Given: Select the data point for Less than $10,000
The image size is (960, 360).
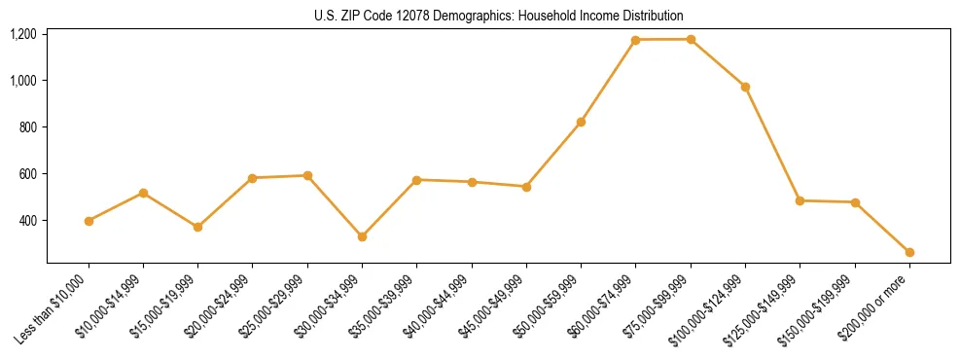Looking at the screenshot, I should pyautogui.click(x=89, y=221).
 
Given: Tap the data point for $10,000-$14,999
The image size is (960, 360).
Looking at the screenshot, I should pyautogui.click(x=143, y=193).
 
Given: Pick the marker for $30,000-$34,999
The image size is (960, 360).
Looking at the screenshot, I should pyautogui.click(x=362, y=236).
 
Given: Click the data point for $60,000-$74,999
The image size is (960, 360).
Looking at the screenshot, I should pyautogui.click(x=635, y=40).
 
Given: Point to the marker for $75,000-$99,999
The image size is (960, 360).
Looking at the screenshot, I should pyautogui.click(x=691, y=39).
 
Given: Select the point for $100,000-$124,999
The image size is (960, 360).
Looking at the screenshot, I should pyautogui.click(x=745, y=87).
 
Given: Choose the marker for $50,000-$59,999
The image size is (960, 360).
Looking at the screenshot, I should pyautogui.click(x=581, y=122).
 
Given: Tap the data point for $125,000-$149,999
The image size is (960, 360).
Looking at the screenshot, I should pyautogui.click(x=800, y=200).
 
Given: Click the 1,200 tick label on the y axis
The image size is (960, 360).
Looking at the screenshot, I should pyautogui.click(x=23, y=34).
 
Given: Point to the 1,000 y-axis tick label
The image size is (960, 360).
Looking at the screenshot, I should pyautogui.click(x=23, y=81).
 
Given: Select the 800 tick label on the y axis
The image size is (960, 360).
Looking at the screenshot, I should pyautogui.click(x=28, y=127).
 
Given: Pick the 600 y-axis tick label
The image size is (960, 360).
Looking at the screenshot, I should pyautogui.click(x=28, y=174).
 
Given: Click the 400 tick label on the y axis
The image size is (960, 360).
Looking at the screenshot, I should pyautogui.click(x=28, y=221).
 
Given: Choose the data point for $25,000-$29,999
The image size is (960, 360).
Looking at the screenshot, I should pyautogui.click(x=307, y=175).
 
